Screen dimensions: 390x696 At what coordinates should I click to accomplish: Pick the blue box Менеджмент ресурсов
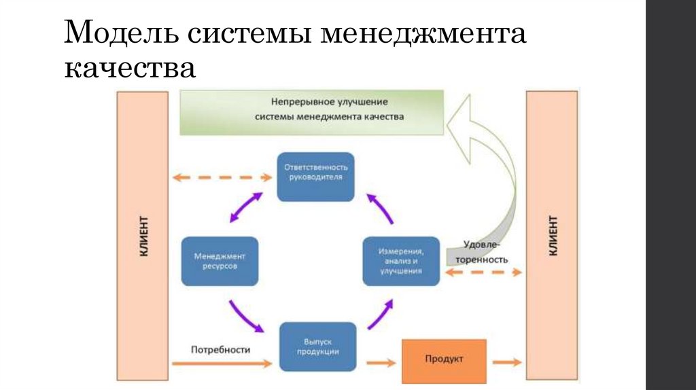[x=220, y=261]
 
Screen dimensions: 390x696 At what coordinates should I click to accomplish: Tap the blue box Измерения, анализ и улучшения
[x=401, y=261]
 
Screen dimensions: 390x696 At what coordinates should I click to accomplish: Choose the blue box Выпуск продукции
[x=318, y=347]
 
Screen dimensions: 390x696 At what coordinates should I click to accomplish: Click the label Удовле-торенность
[x=485, y=252]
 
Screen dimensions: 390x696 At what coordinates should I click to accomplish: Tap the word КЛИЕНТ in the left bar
[x=144, y=236]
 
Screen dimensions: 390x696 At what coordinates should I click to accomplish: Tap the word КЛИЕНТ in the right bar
[x=553, y=236]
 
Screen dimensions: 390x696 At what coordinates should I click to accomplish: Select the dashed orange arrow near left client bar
[x=222, y=177]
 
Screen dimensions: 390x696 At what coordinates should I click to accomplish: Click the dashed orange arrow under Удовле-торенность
[x=483, y=271]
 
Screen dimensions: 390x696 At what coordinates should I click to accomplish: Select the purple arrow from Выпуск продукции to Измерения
[x=381, y=315]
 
